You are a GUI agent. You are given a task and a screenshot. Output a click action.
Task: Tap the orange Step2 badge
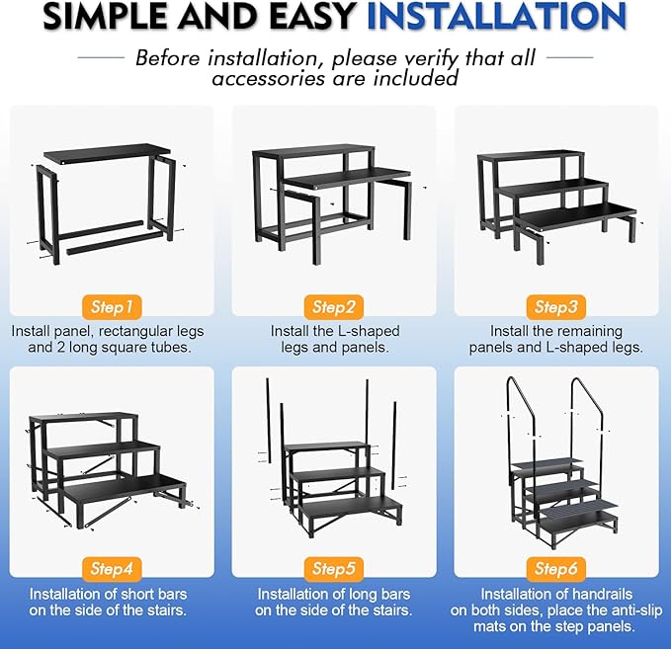[334, 306]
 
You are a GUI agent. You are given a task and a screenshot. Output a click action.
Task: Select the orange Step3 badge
[556, 306]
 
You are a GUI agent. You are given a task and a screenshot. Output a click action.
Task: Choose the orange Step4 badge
[111, 568]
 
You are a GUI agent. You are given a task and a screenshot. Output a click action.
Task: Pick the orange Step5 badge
[334, 568]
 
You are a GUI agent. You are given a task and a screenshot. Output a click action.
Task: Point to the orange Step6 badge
[556, 568]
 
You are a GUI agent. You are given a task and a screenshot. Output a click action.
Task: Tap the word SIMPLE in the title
[108, 17]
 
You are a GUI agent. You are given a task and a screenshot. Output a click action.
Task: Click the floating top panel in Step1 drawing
[105, 153]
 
